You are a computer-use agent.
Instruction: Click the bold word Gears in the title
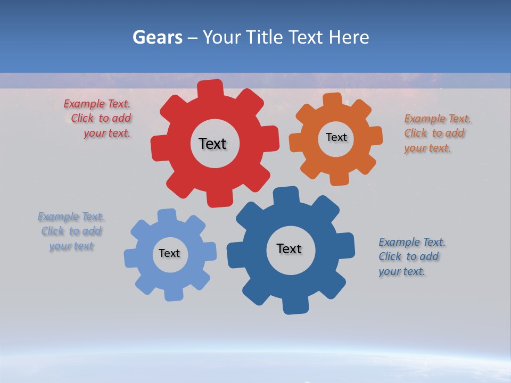[x=157, y=37]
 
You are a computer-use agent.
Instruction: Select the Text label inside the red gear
[x=212, y=144]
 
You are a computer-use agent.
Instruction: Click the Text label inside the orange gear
[x=336, y=137]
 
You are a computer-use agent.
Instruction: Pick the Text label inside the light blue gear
[x=169, y=253]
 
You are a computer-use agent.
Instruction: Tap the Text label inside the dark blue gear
[x=289, y=248]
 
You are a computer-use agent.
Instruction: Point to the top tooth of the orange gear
[x=332, y=99]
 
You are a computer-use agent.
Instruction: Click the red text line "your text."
[x=107, y=134]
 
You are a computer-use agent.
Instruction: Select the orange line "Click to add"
[x=434, y=134]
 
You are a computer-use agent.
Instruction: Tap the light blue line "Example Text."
[x=71, y=217]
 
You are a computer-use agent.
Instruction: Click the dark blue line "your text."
[x=402, y=271]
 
